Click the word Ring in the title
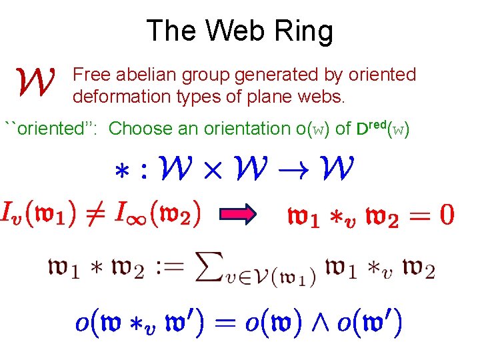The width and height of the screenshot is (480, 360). coord(304,31)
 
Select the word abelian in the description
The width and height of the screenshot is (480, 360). coord(146,75)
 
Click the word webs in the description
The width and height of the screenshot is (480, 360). coord(322,97)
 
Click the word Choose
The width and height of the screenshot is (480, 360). coord(142,128)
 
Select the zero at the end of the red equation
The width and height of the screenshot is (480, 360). coord(447,215)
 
